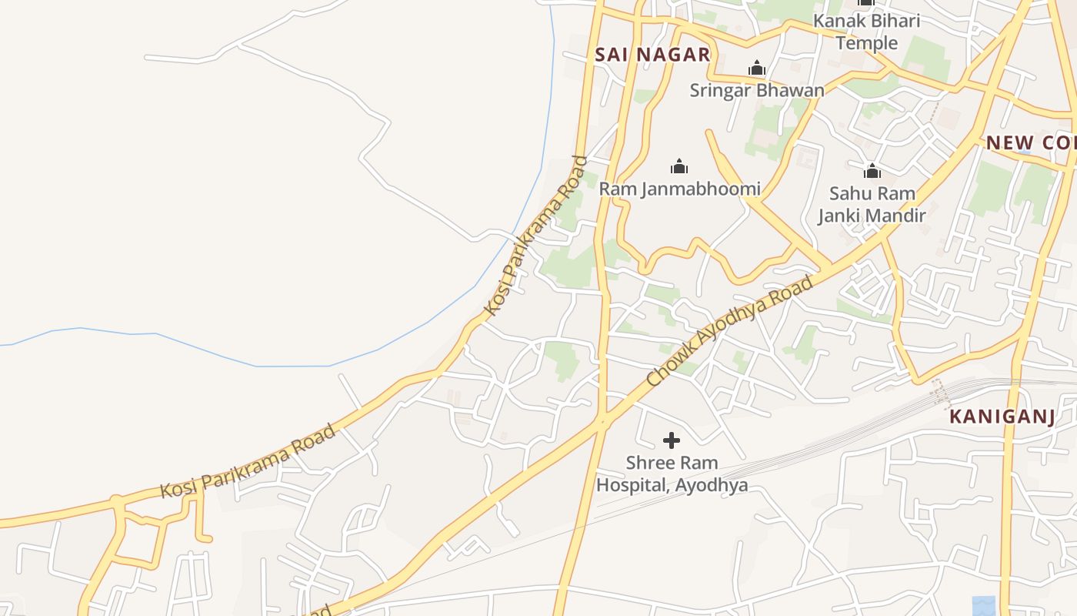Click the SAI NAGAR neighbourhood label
click(x=652, y=55)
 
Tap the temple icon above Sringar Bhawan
click(x=757, y=69)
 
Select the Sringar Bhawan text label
click(x=757, y=90)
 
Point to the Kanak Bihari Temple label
click(x=866, y=32)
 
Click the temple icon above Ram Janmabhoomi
click(x=679, y=166)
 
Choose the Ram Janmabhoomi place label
click(x=679, y=189)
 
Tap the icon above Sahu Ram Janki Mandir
click(x=872, y=170)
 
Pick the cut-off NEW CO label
click(x=1031, y=142)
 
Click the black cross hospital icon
click(x=672, y=440)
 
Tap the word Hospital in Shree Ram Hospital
click(x=632, y=486)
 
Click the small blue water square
click(x=983, y=606)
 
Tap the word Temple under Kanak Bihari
click(x=866, y=42)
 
